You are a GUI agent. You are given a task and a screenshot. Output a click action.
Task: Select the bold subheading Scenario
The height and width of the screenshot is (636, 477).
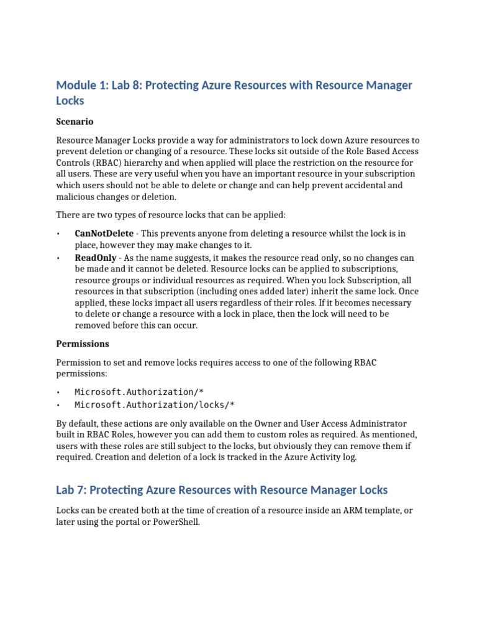point(75,121)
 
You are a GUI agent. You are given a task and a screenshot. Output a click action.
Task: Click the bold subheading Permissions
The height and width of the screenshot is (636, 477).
point(83,343)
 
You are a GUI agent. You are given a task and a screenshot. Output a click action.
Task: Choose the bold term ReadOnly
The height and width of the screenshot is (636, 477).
point(95,257)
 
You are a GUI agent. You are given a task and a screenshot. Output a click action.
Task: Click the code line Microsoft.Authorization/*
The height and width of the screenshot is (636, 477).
point(139,392)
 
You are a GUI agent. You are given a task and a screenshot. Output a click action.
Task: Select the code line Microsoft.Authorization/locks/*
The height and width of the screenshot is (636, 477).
point(155,404)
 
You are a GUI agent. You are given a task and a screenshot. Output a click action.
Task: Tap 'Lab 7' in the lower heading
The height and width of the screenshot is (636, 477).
point(70,490)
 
